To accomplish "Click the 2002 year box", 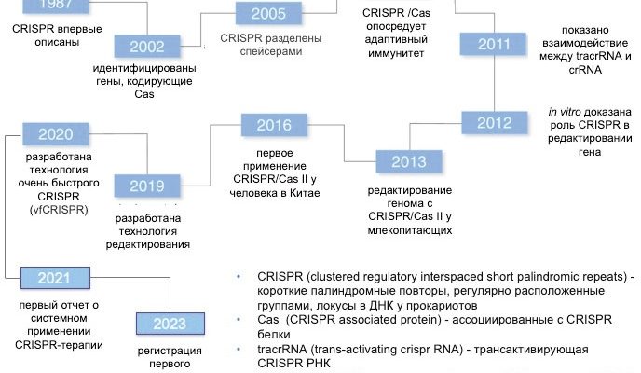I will [x=148, y=47].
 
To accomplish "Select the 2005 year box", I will [x=267, y=14].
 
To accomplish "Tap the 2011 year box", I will [x=495, y=45].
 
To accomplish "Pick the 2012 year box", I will [x=495, y=123].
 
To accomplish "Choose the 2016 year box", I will [x=273, y=126].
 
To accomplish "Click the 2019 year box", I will [x=147, y=186].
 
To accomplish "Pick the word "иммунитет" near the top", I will [x=395, y=54].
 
